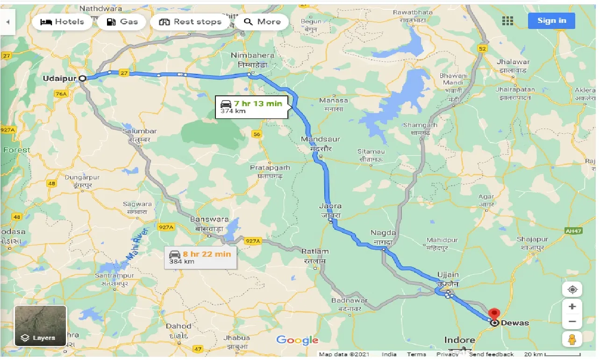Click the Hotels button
pos(62,22)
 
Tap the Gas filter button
pos(122,22)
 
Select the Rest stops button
pos(190,22)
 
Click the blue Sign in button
pos(551,21)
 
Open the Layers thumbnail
pos(41,326)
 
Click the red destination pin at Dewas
pos(493,314)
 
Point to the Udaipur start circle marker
pos(82,79)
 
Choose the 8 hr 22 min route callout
pos(200,258)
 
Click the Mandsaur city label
pos(321,139)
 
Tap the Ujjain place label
pos(448,274)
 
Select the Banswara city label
pos(209,219)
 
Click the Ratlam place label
pos(315,252)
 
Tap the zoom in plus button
pos(572,307)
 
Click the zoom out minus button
pos(572,322)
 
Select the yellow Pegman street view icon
pos(572,339)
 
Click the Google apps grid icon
pos(507,21)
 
